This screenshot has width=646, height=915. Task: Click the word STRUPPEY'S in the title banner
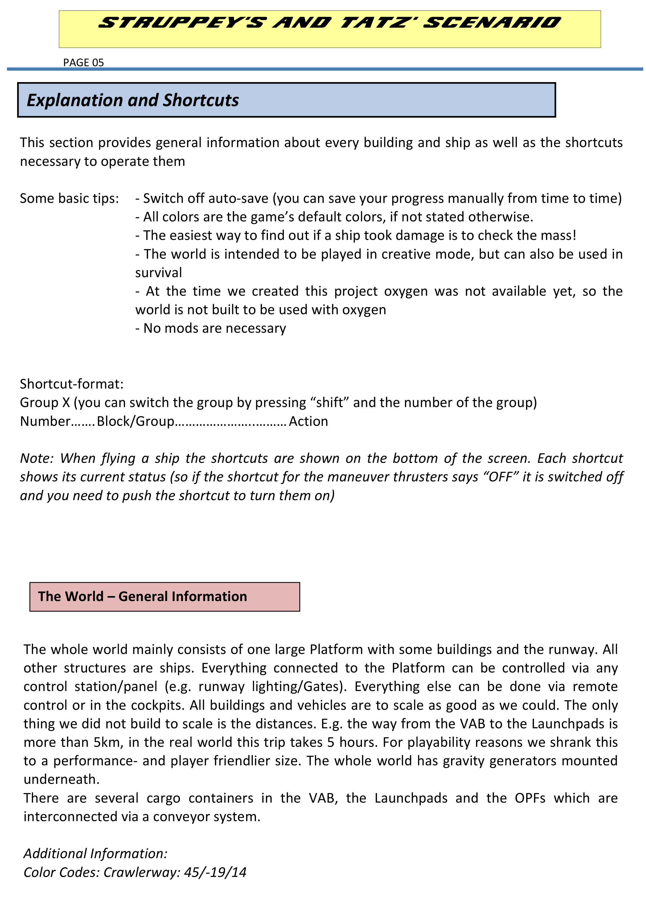[181, 23]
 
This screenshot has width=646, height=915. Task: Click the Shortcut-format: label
[72, 384]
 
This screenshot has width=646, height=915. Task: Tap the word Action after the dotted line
[309, 421]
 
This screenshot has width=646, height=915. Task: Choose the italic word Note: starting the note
[37, 458]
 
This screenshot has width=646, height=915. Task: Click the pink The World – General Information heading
[142, 597]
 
